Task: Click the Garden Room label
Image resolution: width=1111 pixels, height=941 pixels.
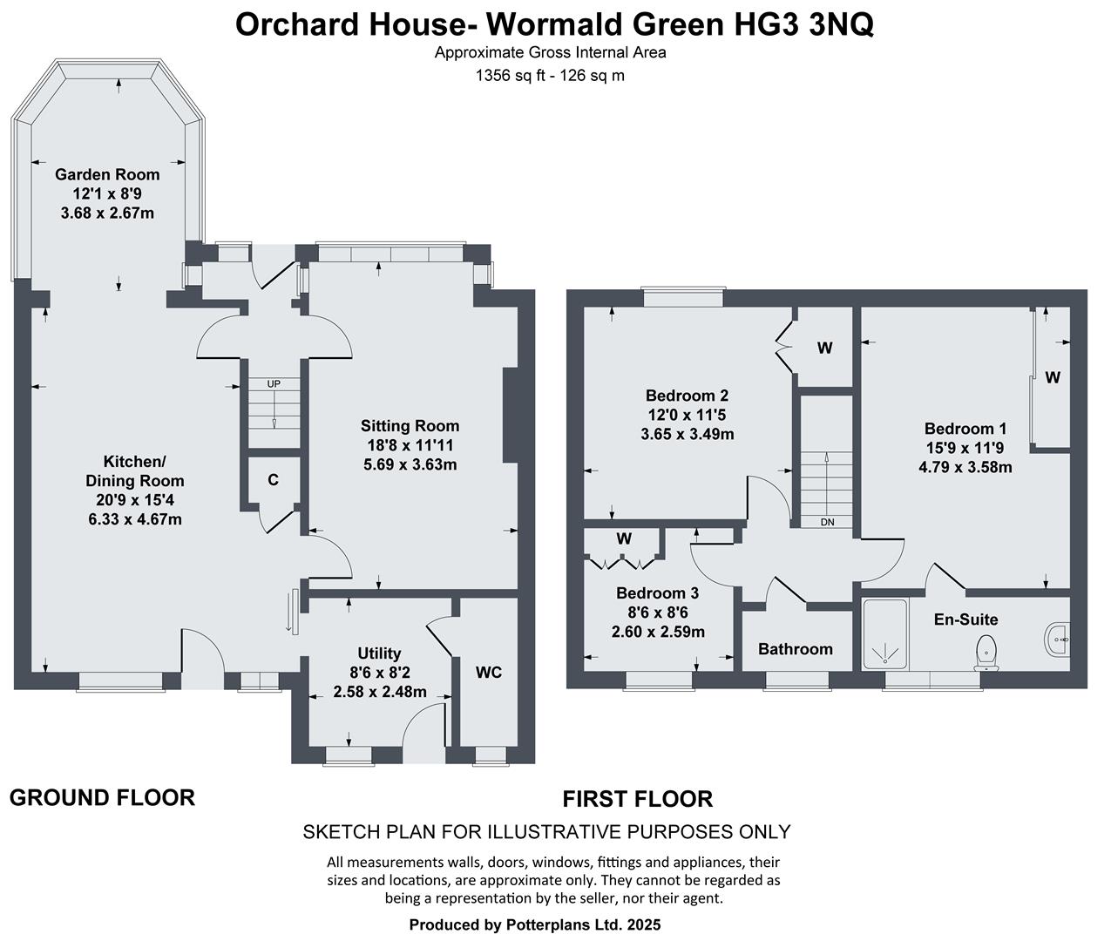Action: [107, 174]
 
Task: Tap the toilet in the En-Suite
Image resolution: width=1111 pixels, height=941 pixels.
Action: [986, 652]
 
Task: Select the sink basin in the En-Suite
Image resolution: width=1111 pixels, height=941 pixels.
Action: [1057, 640]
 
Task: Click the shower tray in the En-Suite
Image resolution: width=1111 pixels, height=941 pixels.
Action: [884, 634]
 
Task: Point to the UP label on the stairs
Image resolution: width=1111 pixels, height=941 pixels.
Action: [274, 384]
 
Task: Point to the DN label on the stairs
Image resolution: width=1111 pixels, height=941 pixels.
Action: [827, 522]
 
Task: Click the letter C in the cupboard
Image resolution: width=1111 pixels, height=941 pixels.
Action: [273, 480]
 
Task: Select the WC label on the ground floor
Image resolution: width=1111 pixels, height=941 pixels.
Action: [489, 673]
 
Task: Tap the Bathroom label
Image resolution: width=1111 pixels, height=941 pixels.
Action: [795, 649]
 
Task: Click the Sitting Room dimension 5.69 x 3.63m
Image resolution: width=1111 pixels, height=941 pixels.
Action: [410, 464]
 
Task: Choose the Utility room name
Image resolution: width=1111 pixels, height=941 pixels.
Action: [379, 653]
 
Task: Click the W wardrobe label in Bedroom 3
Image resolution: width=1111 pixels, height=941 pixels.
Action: [624, 538]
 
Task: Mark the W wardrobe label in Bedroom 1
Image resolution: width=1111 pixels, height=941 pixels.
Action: [1053, 377]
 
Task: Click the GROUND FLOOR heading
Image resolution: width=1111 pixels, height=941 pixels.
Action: [102, 797]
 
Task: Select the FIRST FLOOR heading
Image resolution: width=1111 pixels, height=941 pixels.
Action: [637, 798]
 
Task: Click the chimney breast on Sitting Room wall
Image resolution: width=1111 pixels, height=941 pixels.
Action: [508, 414]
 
